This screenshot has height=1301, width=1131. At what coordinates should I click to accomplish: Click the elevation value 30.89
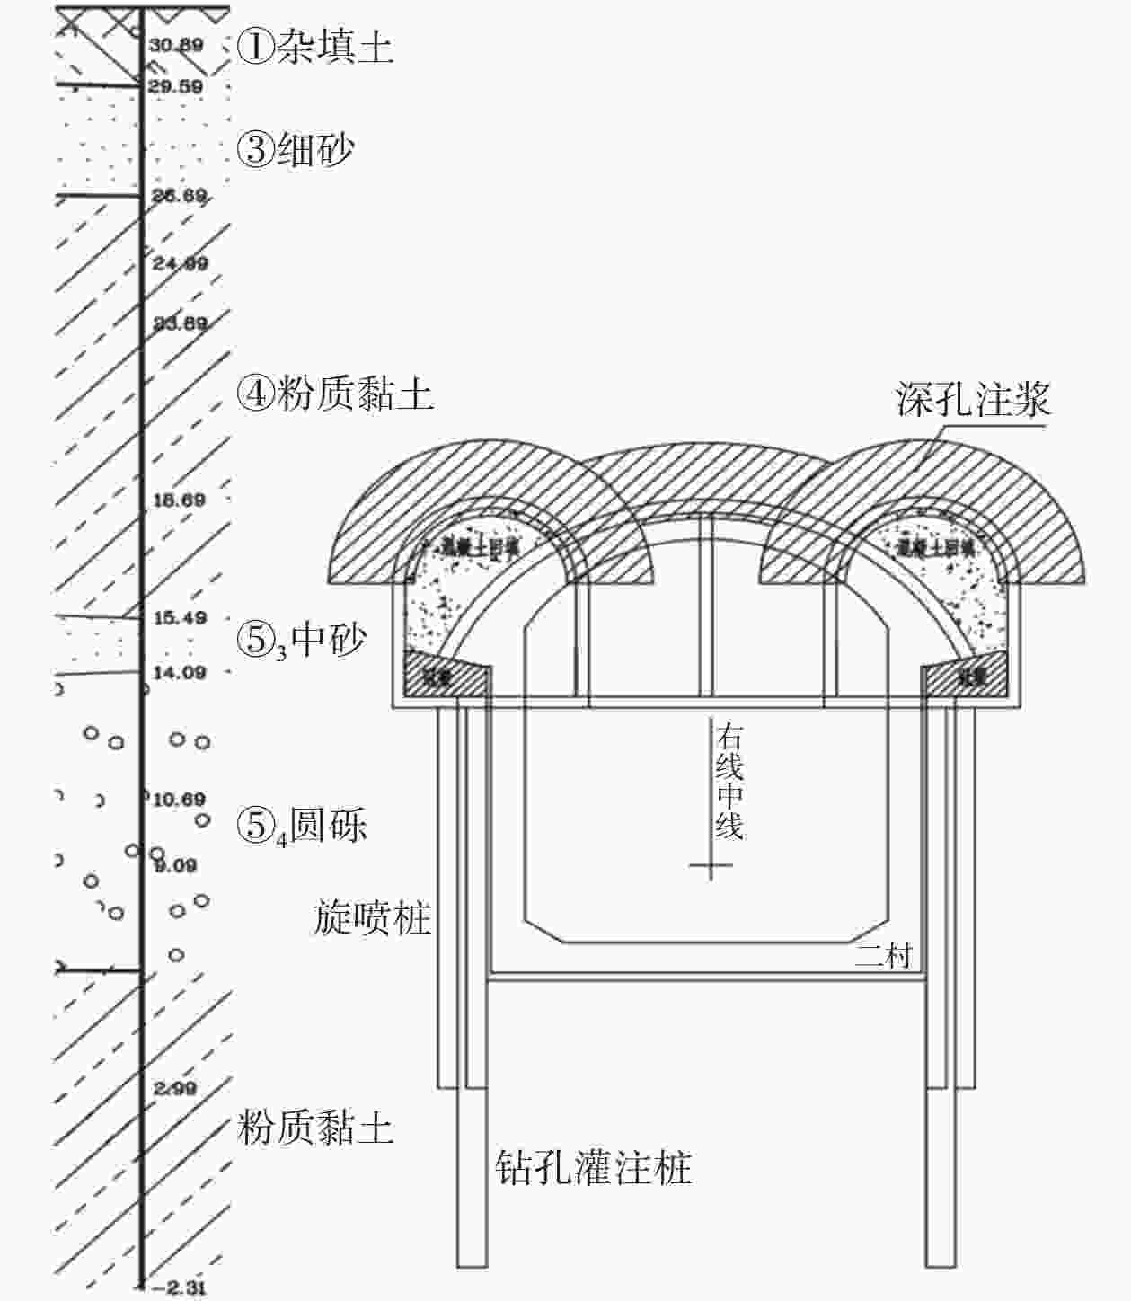coord(176,45)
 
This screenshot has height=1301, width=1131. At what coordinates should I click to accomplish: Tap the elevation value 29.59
coord(176,87)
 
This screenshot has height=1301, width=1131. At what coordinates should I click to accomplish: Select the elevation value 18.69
coord(179,500)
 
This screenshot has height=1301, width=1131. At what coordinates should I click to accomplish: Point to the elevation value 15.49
coord(180,618)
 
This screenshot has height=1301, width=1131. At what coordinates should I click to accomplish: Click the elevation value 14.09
coord(179,672)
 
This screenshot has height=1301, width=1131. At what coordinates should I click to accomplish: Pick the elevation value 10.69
coord(179,799)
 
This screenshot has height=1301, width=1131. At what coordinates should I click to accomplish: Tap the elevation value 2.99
coord(174,1089)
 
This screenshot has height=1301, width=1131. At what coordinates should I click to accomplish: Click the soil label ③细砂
coord(296,148)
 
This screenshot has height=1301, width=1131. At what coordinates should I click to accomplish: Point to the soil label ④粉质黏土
coord(335,394)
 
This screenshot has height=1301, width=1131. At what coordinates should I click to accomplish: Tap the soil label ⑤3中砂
coord(302,641)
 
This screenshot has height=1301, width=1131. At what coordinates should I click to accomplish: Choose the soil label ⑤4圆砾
coord(302,826)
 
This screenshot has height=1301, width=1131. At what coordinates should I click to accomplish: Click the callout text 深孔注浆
coord(973,400)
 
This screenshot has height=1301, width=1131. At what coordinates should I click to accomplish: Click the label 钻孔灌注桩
coord(594,1169)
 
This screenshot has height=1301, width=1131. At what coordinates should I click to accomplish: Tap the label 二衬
coord(883,955)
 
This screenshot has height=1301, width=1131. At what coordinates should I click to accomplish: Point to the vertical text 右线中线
coord(729,782)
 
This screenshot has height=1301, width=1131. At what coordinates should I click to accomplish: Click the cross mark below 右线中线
coord(711,866)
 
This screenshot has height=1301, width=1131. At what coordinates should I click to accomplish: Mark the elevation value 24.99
coord(179,263)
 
